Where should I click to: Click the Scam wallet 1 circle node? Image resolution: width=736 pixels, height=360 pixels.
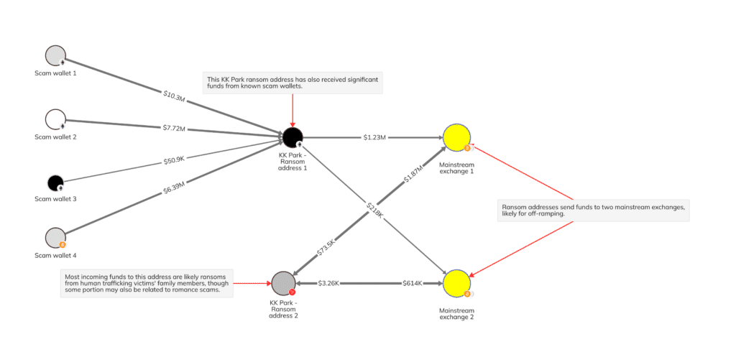click(55, 56)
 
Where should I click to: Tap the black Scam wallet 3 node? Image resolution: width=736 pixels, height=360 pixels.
click(56, 183)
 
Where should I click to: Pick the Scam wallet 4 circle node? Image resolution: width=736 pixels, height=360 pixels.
click(55, 238)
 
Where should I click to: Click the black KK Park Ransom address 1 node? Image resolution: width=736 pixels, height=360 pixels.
click(292, 136)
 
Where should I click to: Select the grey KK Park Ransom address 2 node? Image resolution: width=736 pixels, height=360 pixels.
click(283, 282)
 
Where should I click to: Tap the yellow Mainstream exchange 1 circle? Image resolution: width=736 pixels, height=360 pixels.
click(456, 137)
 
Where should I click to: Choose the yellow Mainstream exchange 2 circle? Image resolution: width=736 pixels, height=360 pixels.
click(456, 283)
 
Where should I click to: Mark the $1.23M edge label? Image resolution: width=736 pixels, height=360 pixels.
click(375, 137)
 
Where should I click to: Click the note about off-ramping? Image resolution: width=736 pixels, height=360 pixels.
click(593, 211)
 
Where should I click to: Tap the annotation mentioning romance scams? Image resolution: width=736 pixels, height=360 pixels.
click(147, 284)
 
